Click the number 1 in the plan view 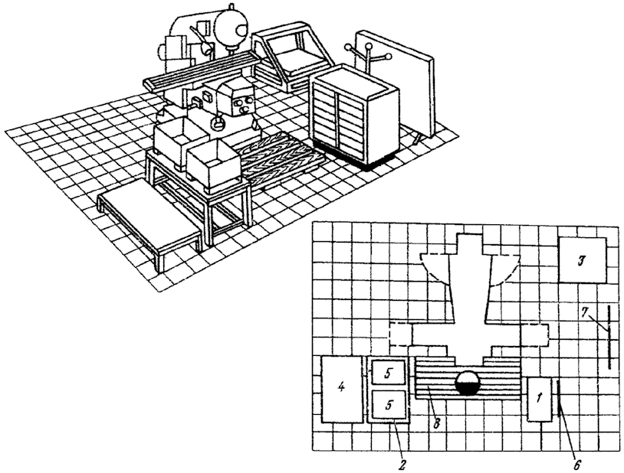tap(539, 398)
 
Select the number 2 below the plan tap(402, 464)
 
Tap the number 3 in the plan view tap(582, 260)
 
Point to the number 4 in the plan tap(341, 387)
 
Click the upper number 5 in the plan tap(389, 373)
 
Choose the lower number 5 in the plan tap(389, 405)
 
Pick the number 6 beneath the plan tap(577, 464)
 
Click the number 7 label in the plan tap(584, 312)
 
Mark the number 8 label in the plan tap(436, 423)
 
